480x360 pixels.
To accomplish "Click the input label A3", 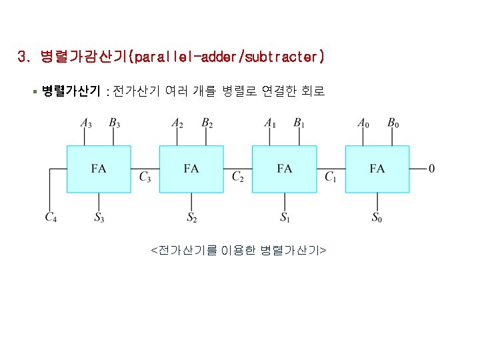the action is click(86, 123).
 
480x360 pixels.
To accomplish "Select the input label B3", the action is click(114, 123).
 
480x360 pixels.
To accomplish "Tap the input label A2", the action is click(177, 123).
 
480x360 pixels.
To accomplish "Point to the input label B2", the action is click(207, 123).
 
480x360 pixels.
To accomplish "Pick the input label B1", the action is click(299, 123).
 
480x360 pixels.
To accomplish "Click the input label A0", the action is click(363, 123).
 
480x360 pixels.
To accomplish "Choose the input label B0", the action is click(393, 123).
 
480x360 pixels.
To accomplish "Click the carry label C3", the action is click(145, 177).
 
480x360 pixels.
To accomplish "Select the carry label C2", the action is click(238, 177).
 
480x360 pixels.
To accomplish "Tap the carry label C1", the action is click(331, 177).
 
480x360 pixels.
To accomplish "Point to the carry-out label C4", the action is click(51, 217).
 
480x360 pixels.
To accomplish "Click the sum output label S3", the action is click(99, 217).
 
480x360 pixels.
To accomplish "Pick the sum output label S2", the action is click(192, 217).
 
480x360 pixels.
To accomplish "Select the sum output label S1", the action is click(285, 217).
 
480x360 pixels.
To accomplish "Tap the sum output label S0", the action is click(377, 217).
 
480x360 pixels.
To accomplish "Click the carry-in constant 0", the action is click(432, 169).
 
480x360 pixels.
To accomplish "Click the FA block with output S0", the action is click(377, 169).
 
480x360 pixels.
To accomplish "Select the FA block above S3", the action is click(99, 169).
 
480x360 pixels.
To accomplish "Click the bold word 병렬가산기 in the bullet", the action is click(71, 91).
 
